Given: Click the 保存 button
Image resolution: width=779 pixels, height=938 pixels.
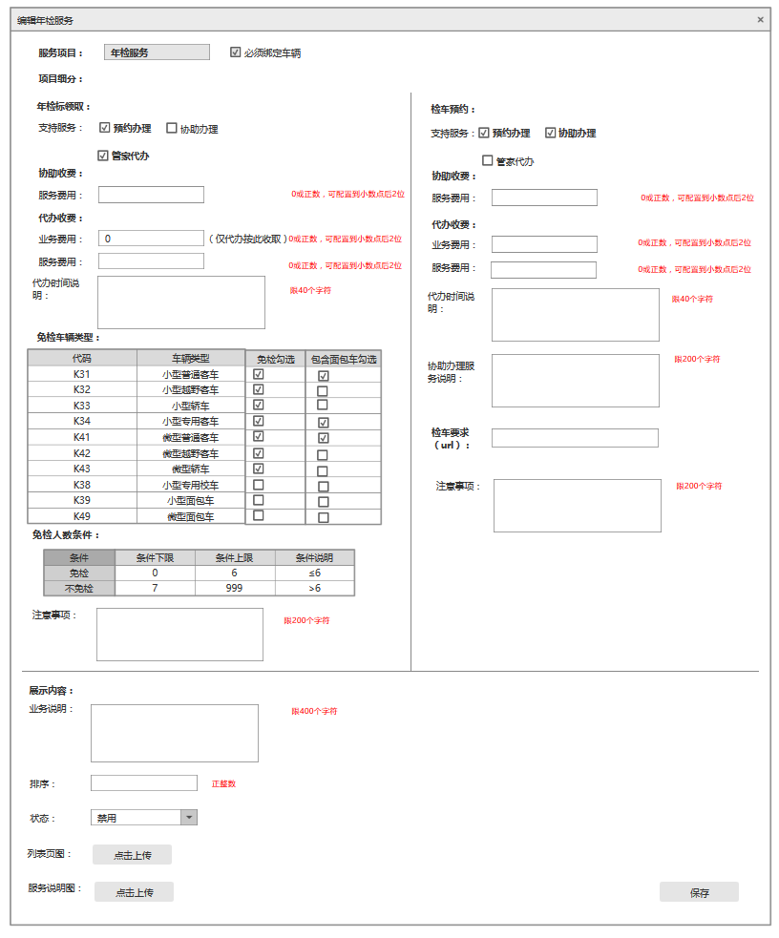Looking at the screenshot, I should coord(699,892).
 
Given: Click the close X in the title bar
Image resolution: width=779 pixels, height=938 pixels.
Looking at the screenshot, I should coord(760,19).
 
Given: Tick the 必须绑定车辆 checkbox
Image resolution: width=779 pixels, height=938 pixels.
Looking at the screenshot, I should coord(236,52).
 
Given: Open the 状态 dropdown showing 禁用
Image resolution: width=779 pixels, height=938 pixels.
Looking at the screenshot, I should coord(189,818).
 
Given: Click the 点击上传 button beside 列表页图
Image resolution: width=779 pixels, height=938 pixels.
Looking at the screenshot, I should coord(132,855).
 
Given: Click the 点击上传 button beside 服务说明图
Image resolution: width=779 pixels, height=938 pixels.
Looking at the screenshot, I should coord(134,892).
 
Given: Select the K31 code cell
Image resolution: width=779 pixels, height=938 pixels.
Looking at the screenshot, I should coord(82,374).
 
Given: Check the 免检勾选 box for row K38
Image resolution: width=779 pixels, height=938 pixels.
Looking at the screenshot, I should coord(259,485).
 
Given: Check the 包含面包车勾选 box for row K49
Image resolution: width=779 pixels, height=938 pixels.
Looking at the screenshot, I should coord(323,517).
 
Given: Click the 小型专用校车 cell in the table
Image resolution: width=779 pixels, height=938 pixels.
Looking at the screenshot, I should coord(190,485).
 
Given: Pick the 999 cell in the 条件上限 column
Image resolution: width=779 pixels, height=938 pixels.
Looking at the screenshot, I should coord(235,588).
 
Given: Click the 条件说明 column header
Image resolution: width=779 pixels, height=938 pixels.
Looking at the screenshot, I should coord(314,557).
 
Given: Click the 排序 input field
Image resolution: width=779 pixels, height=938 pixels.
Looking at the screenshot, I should coord(143,782).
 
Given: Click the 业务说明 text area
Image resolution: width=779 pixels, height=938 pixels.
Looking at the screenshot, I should coord(174,733).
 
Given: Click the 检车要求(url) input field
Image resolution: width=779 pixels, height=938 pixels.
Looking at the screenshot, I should coord(575,438).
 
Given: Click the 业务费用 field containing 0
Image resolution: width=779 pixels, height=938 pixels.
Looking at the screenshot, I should coord(151,239).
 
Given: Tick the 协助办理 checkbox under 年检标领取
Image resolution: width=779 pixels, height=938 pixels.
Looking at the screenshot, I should coord(172,128).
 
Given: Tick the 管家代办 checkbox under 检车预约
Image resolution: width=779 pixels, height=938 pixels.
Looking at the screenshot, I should coord(488,160).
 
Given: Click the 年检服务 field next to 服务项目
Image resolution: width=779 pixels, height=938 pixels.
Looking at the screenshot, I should coord(157,52).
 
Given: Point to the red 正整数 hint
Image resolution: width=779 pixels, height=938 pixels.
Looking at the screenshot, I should coord(223,783).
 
